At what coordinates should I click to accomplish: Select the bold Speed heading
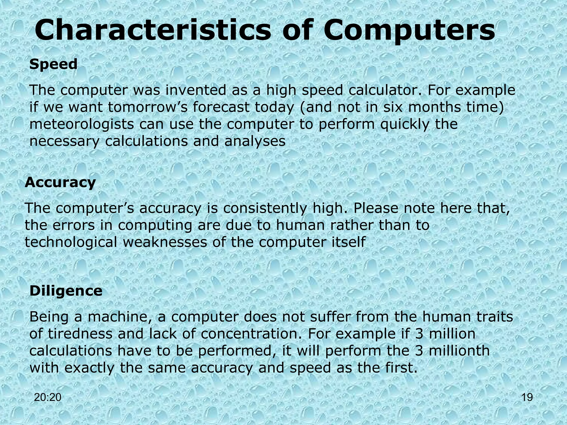point(53,64)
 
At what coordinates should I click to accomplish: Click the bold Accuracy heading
point(60,183)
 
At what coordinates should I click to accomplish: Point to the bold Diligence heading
point(66,291)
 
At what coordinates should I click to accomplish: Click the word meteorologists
point(82,124)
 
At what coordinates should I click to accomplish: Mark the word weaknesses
point(165,242)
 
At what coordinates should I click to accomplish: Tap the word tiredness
point(80,334)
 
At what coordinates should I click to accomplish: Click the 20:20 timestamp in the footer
point(48,397)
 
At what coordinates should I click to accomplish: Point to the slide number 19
point(527,397)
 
